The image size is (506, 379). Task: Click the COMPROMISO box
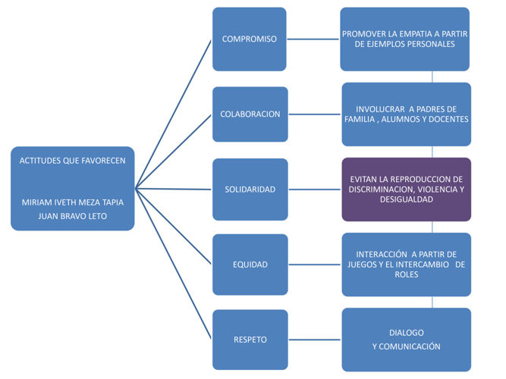(249, 38)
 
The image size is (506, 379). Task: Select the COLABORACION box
(250, 114)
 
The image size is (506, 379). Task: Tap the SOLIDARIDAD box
(250, 189)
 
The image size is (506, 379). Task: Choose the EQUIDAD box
(250, 265)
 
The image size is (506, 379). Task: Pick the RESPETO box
(250, 340)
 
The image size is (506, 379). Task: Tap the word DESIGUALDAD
(407, 199)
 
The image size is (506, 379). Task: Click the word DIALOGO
(407, 333)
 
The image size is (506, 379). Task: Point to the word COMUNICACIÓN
(414, 346)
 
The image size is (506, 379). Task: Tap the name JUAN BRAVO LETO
(73, 215)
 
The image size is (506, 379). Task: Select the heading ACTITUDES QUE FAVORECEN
(73, 160)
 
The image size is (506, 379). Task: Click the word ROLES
(407, 275)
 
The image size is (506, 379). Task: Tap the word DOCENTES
(448, 119)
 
